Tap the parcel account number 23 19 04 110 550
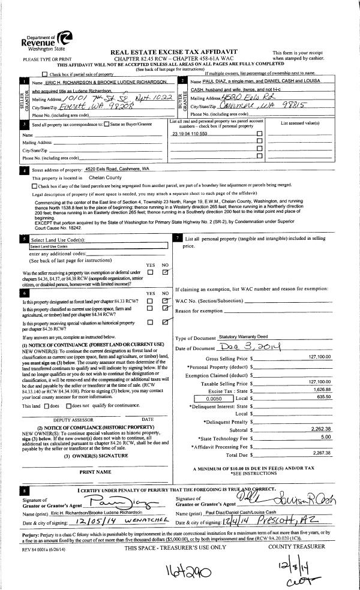click(x=190, y=150)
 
